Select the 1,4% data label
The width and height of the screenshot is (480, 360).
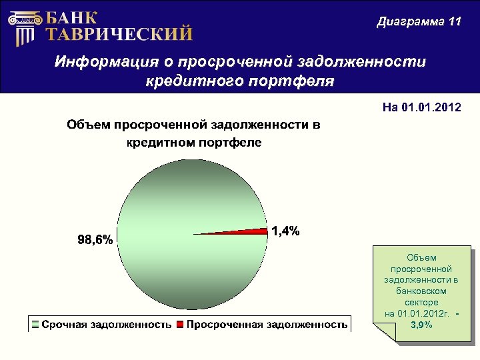(x=285, y=231)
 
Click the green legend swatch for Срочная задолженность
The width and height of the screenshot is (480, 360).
(x=35, y=325)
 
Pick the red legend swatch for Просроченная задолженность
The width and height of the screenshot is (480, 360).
(x=180, y=325)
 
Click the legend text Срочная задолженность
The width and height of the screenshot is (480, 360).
(x=107, y=325)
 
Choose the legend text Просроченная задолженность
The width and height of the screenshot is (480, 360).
(x=267, y=325)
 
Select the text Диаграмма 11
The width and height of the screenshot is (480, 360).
(x=419, y=21)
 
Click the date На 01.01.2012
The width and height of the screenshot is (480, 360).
(x=421, y=107)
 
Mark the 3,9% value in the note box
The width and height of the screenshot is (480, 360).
(x=421, y=325)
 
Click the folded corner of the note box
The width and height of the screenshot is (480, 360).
(x=384, y=331)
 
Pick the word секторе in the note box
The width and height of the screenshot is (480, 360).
(x=421, y=302)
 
